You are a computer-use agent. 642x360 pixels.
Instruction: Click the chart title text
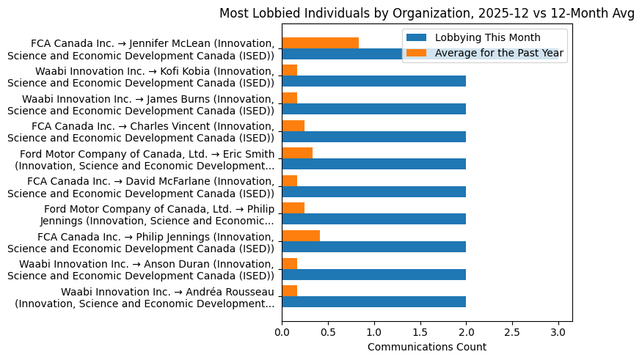click(x=427, y=14)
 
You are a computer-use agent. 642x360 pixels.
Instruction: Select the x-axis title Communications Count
click(x=426, y=347)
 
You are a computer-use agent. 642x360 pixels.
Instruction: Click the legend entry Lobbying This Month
click(x=487, y=37)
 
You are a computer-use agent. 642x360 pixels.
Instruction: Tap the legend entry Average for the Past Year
click(x=499, y=53)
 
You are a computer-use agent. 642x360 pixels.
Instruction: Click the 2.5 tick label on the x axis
click(x=512, y=332)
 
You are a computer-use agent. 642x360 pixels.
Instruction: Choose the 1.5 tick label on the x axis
click(x=420, y=332)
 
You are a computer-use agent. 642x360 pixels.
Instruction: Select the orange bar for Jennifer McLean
click(x=320, y=43)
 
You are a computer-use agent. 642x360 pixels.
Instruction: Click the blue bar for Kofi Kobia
click(x=373, y=81)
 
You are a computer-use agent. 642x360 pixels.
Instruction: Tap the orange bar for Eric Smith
click(x=297, y=153)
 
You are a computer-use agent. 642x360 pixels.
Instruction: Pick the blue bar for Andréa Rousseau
click(x=373, y=302)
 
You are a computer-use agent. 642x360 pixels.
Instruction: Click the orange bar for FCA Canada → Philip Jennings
click(x=301, y=236)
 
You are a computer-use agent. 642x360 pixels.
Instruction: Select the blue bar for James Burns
click(x=373, y=109)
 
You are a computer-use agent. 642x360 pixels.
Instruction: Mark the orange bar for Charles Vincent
click(x=293, y=125)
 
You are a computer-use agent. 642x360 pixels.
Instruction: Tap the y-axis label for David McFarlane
click(x=150, y=186)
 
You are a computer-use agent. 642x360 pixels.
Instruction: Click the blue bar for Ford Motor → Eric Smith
click(x=373, y=164)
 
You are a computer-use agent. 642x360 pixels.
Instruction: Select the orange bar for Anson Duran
click(x=289, y=263)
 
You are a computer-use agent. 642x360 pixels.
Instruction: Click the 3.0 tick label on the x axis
click(x=558, y=332)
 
